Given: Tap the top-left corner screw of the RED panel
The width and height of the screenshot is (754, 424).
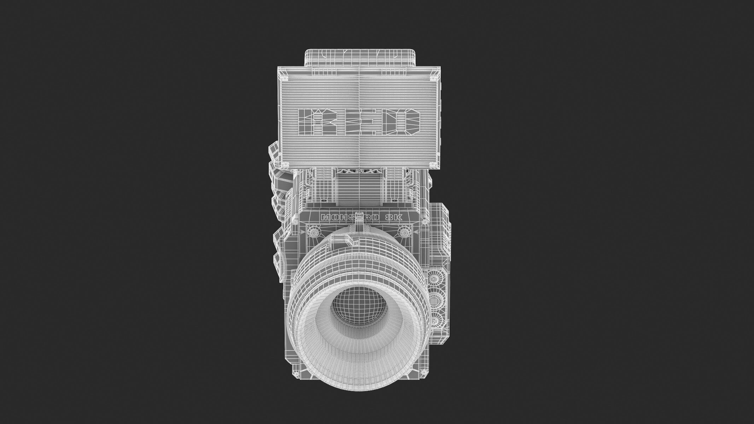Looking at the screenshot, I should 284,77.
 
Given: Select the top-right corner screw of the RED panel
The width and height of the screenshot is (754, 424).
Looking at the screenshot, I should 432,77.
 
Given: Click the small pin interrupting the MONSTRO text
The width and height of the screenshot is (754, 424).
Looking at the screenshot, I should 359,217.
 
